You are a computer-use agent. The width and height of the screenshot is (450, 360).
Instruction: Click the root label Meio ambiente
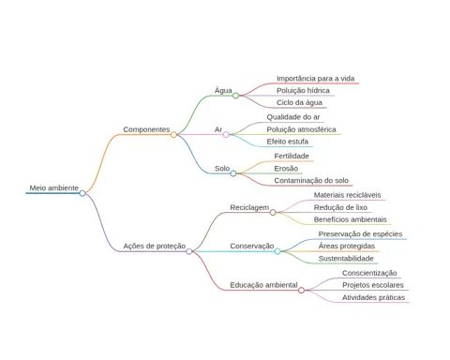click(x=54, y=187)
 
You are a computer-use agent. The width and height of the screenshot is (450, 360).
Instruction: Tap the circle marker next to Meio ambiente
click(x=82, y=193)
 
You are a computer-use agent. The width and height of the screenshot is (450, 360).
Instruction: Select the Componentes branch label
click(x=146, y=129)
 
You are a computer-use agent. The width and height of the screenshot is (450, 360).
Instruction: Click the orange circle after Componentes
click(x=173, y=135)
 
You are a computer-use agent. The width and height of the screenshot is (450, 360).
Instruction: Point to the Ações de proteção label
click(x=155, y=246)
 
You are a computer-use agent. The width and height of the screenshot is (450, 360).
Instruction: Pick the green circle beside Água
click(x=235, y=96)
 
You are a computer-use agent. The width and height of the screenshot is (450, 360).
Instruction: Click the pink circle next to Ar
click(x=226, y=135)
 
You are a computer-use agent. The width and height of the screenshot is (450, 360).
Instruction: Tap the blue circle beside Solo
click(x=233, y=173)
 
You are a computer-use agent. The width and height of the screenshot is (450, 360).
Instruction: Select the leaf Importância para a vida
click(x=316, y=79)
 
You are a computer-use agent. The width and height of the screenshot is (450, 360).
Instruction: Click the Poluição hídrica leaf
click(x=303, y=90)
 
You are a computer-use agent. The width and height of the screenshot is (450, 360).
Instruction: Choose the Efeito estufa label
click(x=288, y=142)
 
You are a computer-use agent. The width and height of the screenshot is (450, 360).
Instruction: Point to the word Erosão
click(x=286, y=169)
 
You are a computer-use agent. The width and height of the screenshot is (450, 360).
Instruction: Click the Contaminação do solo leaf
click(x=311, y=180)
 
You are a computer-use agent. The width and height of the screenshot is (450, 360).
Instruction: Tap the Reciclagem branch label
click(x=249, y=207)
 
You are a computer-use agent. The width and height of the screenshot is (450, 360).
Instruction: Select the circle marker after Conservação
click(x=277, y=251)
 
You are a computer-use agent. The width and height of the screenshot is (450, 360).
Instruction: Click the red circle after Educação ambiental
click(x=301, y=291)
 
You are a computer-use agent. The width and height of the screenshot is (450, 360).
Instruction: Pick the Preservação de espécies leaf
click(x=360, y=234)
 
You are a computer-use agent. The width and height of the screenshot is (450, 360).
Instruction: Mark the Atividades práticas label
click(x=373, y=297)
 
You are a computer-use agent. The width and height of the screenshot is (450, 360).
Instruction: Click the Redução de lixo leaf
click(x=340, y=207)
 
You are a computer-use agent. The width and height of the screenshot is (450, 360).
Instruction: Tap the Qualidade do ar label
click(x=293, y=117)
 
